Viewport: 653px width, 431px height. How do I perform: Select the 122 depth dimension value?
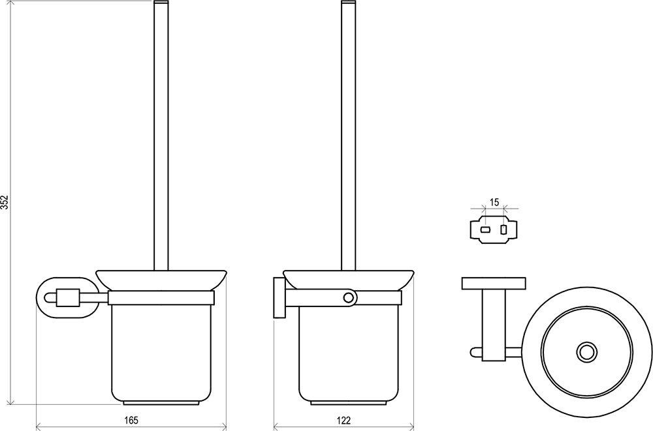[x=344, y=420]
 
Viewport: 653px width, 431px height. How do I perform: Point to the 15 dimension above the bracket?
[x=494, y=203]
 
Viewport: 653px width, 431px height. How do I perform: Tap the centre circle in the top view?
[x=587, y=352]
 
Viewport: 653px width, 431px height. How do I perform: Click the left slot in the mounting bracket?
[x=486, y=230]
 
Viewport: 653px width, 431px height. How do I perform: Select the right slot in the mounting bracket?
[x=503, y=230]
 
